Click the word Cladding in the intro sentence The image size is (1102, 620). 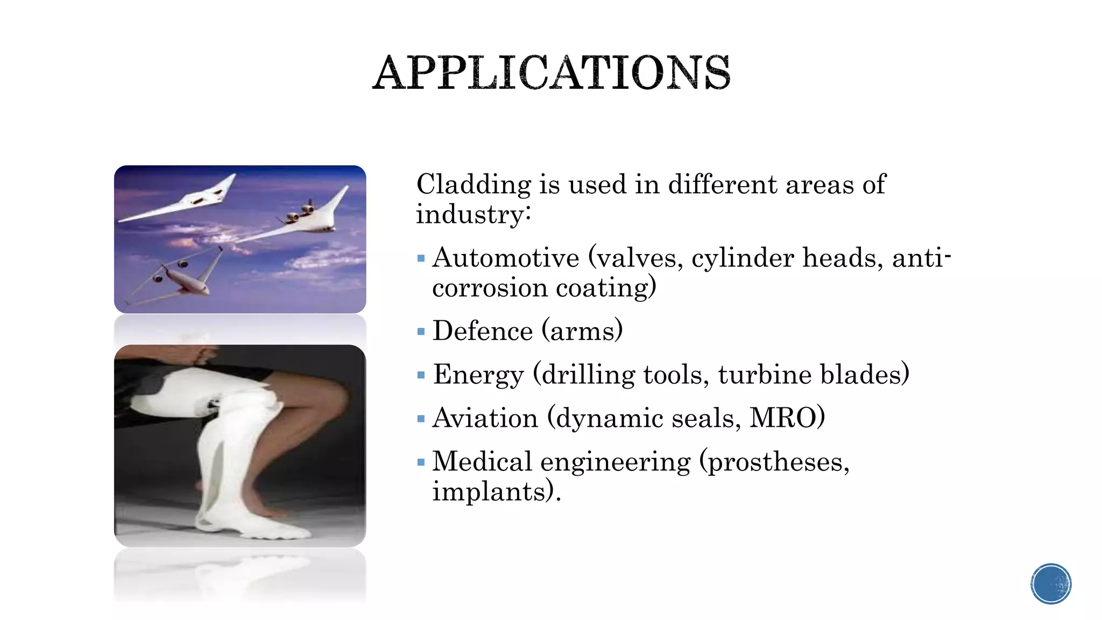click(473, 185)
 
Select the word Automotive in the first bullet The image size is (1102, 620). click(505, 258)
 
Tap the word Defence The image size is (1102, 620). click(482, 331)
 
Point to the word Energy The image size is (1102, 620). click(478, 375)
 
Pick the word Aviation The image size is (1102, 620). click(485, 418)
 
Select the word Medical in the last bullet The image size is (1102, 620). click(482, 462)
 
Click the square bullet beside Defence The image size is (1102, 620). click(421, 332)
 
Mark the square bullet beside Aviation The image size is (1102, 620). click(421, 419)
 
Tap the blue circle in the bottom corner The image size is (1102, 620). click(1051, 584)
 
